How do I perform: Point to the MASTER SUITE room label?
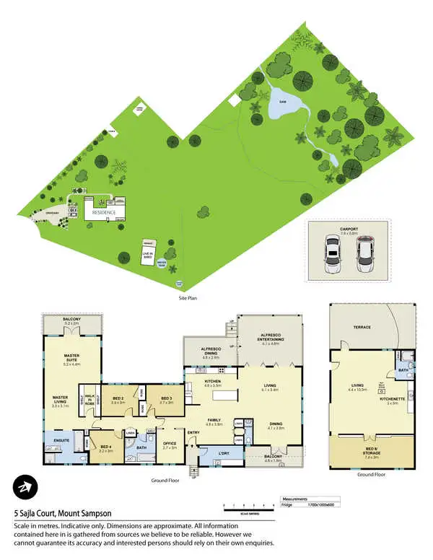[x=71, y=356]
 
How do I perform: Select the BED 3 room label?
[x=166, y=398]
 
